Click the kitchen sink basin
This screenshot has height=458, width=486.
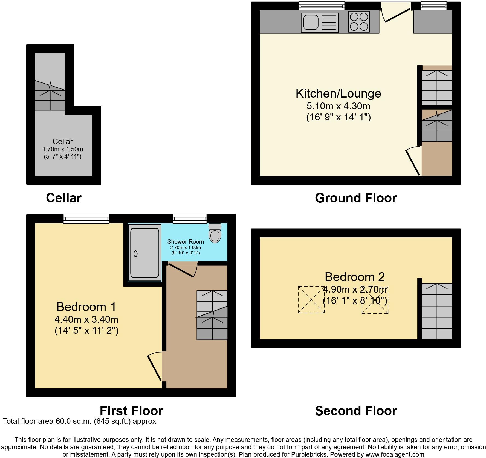[x=311, y=22]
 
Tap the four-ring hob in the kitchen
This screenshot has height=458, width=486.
[x=359, y=22]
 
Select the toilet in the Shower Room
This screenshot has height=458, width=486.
[x=215, y=233]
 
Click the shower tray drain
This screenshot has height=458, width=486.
[x=135, y=254]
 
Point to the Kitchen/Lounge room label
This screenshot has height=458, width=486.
[x=339, y=93]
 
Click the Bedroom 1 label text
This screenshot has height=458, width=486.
[x=86, y=307]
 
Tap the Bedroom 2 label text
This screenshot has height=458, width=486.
[x=355, y=277]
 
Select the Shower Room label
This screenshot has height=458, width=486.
[x=186, y=242]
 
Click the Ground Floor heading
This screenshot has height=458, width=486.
[x=356, y=198]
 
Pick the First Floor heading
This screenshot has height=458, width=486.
[x=131, y=411]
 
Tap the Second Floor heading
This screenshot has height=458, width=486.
[x=356, y=411]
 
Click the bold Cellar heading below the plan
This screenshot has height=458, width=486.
[x=64, y=198]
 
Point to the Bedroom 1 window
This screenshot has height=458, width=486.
[x=86, y=219]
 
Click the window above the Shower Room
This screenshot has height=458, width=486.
[x=190, y=219]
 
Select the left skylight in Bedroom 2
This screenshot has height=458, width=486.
[x=311, y=299]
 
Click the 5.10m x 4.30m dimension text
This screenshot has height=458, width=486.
[x=339, y=106]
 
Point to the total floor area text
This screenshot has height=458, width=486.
[x=80, y=421]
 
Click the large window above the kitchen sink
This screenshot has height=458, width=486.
[x=322, y=5]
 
